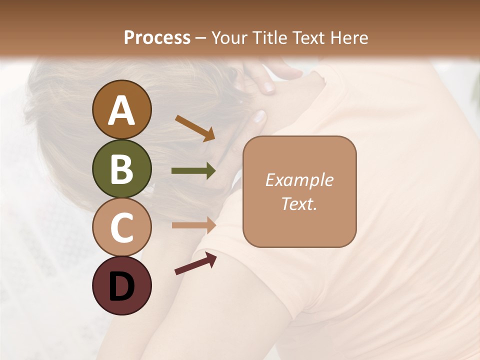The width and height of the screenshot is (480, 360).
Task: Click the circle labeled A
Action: click(x=121, y=109)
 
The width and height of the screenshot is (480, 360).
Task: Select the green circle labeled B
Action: click(x=121, y=168)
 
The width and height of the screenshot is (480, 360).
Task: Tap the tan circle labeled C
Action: click(x=121, y=227)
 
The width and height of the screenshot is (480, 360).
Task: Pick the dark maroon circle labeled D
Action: click(x=121, y=285)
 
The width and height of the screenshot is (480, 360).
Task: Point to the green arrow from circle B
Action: click(x=193, y=171)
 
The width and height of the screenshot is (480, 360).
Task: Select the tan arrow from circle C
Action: click(x=193, y=225)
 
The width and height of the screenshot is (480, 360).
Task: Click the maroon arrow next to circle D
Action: click(x=195, y=263)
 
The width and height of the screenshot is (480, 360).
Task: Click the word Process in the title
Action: click(x=157, y=37)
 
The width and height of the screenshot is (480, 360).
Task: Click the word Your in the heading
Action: click(x=230, y=37)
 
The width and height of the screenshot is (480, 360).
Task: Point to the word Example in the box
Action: click(x=299, y=180)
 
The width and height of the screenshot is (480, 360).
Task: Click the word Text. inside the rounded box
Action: click(x=299, y=203)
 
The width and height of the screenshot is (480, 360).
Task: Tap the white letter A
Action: click(x=121, y=110)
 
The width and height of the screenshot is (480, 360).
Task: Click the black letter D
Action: click(x=121, y=286)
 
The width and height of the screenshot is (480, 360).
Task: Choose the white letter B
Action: click(x=121, y=169)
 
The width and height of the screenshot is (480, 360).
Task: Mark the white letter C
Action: click(x=121, y=228)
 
